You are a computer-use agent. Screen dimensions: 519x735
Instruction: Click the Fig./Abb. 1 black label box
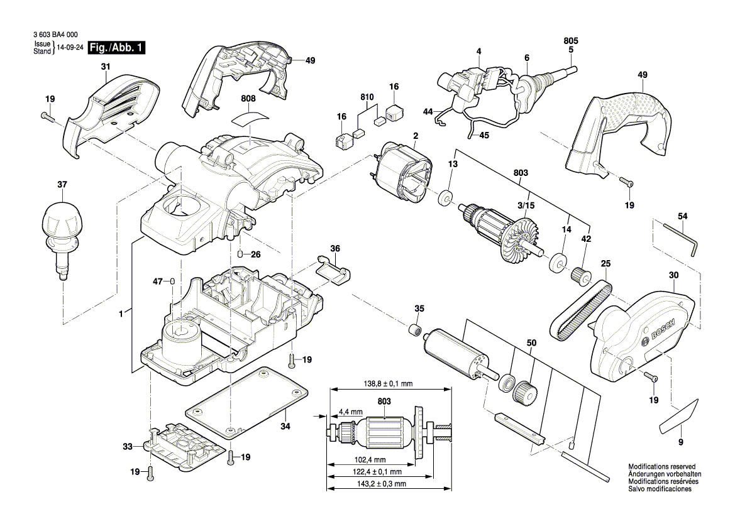click(117, 48)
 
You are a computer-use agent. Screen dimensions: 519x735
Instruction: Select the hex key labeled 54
click(679, 236)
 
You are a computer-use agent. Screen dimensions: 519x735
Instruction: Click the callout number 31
click(105, 67)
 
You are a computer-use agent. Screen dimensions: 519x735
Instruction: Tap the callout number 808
click(248, 99)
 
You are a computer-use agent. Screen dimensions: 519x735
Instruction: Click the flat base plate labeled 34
click(248, 403)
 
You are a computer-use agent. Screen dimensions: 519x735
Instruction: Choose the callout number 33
click(128, 447)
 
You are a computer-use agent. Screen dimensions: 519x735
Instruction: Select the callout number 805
click(571, 41)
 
